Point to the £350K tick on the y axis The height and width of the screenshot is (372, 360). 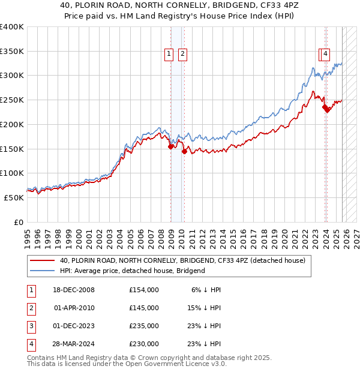[x=12, y=52]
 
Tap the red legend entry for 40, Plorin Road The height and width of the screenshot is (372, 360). [x=182, y=260]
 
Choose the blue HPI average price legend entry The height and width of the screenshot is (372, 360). [x=132, y=271]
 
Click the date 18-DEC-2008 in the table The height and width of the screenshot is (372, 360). [x=74, y=290]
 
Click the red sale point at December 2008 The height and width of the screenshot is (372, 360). [x=171, y=146]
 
